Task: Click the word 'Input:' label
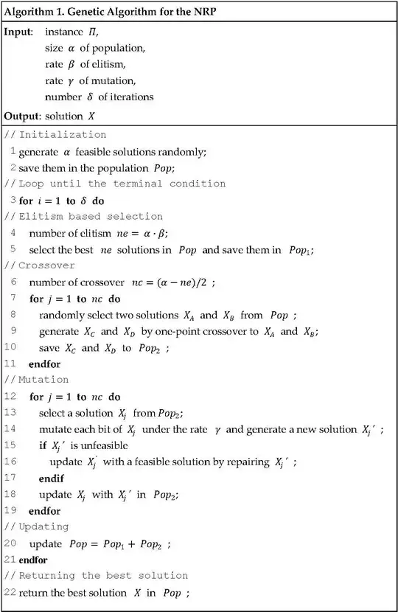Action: [x=18, y=32]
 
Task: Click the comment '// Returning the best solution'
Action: [x=96, y=576]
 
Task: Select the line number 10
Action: [x=10, y=347]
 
